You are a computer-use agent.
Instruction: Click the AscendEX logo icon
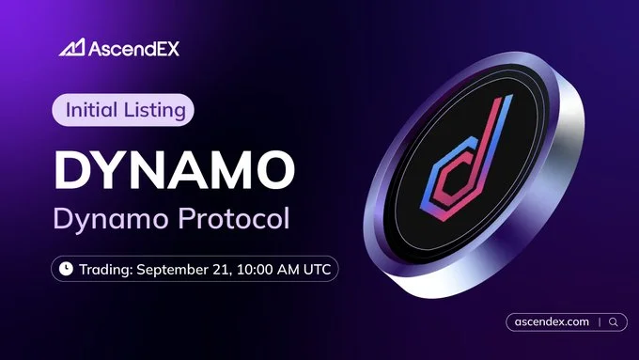72,47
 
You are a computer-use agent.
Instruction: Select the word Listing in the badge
156,110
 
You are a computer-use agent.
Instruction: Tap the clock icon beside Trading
66,269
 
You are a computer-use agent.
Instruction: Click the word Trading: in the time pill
105,269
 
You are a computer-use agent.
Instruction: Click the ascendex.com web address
553,321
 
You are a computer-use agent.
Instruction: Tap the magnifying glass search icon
613,321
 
